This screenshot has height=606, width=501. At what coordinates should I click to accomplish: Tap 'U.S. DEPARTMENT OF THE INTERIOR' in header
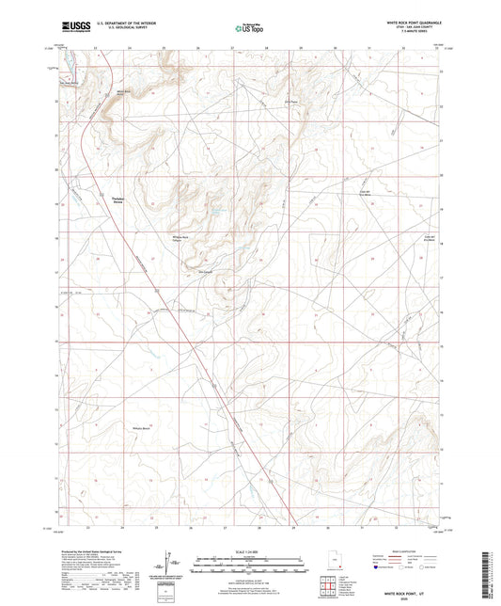pyautogui.click(x=114, y=24)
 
